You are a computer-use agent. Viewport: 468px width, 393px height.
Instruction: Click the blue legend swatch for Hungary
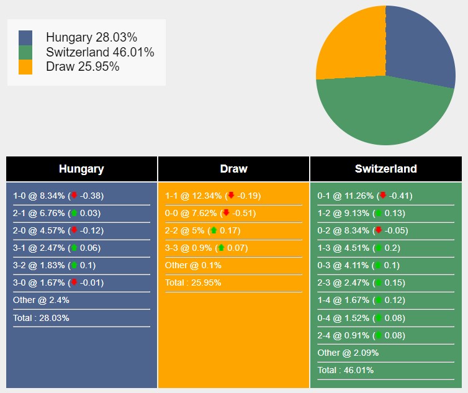click(25, 38)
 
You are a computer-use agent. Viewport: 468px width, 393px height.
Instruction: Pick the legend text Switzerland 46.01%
click(100, 52)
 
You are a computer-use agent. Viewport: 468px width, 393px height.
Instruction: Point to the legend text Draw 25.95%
click(83, 66)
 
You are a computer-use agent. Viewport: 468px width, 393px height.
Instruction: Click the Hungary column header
click(81, 169)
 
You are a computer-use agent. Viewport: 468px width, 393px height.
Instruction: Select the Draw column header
click(233, 169)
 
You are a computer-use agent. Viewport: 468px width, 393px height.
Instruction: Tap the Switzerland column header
click(385, 169)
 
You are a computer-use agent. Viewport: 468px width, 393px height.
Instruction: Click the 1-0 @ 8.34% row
click(58, 196)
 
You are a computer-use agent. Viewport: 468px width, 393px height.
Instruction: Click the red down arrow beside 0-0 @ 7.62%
click(226, 213)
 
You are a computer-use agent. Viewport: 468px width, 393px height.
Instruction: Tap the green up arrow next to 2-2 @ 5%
click(214, 230)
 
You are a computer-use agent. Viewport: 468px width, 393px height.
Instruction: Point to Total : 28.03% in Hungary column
click(41, 318)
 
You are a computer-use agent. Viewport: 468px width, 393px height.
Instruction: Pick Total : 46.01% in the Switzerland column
click(346, 370)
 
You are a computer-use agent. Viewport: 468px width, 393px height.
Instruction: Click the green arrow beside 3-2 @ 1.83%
click(74, 265)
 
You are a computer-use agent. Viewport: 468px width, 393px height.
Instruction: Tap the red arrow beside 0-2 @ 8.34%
click(378, 230)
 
